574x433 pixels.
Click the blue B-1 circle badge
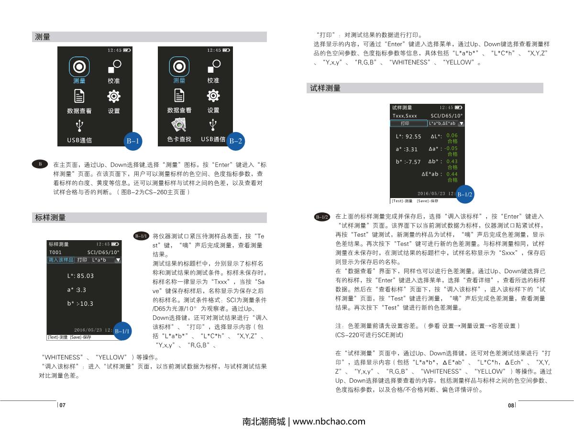(132, 141)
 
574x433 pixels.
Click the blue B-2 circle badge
(235, 141)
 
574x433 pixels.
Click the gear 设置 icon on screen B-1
(113, 96)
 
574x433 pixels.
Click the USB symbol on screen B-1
(79, 126)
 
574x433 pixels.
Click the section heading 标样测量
(50, 218)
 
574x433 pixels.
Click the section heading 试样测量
(325, 88)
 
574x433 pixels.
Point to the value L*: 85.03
(80, 276)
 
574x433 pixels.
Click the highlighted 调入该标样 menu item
(61, 260)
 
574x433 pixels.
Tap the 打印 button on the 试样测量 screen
(405, 123)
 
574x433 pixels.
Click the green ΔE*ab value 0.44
(452, 174)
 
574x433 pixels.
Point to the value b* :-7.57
(408, 162)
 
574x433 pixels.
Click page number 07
(62, 405)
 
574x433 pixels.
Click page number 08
(510, 405)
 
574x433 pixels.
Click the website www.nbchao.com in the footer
(329, 422)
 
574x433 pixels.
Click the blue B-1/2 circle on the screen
(464, 195)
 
